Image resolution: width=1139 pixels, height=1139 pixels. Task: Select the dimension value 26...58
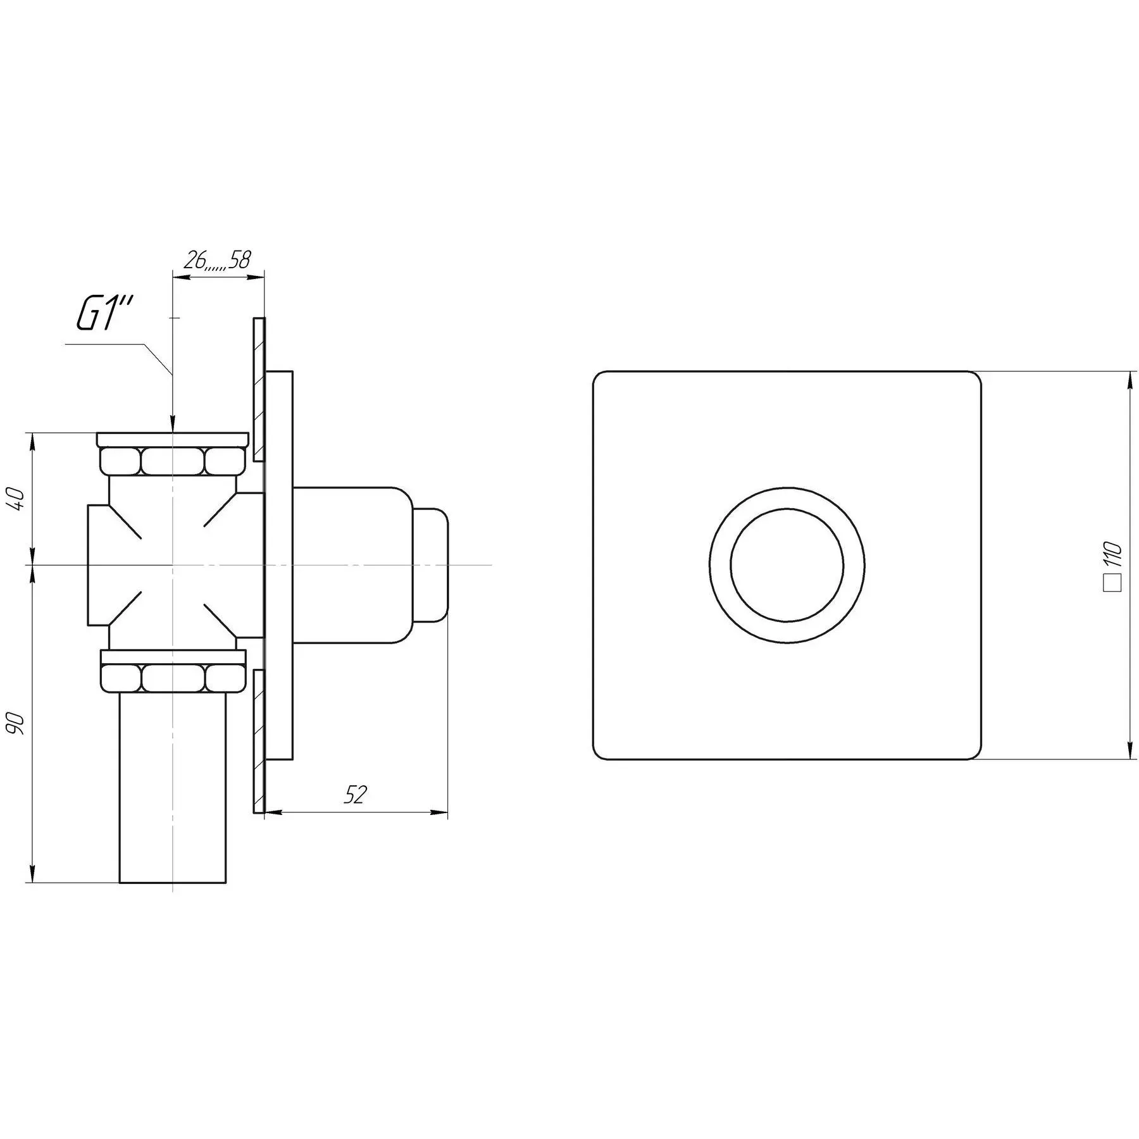216,260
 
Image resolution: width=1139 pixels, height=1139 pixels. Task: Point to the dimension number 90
18,722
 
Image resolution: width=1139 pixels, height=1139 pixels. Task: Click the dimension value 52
355,795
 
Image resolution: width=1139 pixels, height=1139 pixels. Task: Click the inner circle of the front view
787,565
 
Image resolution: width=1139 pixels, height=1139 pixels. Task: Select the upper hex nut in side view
173,461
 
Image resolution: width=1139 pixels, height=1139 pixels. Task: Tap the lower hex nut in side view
173,678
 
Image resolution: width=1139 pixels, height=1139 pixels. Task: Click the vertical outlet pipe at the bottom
173,788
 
